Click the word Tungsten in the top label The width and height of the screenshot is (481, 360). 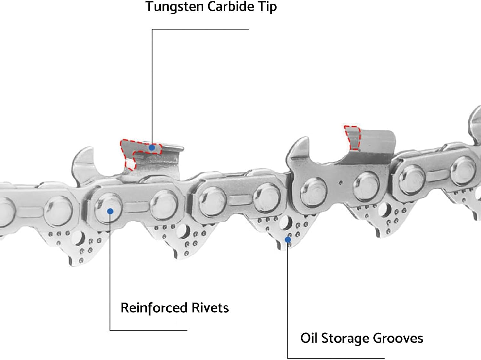point(174,6)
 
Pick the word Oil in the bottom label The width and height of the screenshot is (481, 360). point(309,338)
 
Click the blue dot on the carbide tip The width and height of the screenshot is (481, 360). point(152,148)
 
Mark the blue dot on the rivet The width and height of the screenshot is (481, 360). point(110,211)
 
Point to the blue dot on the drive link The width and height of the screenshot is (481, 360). point(288,239)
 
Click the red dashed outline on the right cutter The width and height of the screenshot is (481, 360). point(352,138)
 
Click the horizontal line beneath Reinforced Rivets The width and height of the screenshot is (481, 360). point(148,330)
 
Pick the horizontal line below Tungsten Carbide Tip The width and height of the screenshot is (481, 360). point(200,29)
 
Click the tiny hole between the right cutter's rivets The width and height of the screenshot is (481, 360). point(341,183)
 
